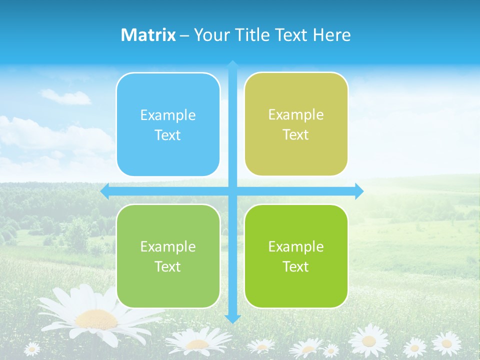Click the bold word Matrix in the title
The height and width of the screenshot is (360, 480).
pyautogui.click(x=148, y=35)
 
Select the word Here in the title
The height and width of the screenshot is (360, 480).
pyautogui.click(x=332, y=35)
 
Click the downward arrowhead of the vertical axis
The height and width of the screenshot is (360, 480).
pyautogui.click(x=232, y=318)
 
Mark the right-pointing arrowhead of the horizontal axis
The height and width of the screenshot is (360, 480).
pyautogui.click(x=359, y=191)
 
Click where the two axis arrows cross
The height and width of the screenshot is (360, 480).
pyautogui.click(x=232, y=191)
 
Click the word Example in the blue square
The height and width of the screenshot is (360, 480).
pyautogui.click(x=168, y=115)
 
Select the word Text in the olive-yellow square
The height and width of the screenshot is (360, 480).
pyautogui.click(x=296, y=135)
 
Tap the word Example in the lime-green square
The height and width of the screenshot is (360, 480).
pyautogui.click(x=296, y=246)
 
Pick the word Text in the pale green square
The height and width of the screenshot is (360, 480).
pyautogui.click(x=168, y=266)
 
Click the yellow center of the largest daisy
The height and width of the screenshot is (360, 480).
pyautogui.click(x=96, y=318)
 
